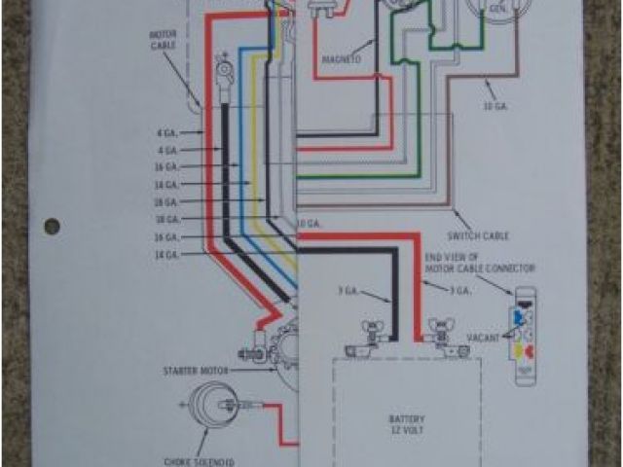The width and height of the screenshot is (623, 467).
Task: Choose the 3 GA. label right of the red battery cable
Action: [x=459, y=291]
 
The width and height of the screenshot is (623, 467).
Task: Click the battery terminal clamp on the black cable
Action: [x=371, y=332]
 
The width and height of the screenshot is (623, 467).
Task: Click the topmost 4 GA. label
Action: [x=166, y=133]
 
